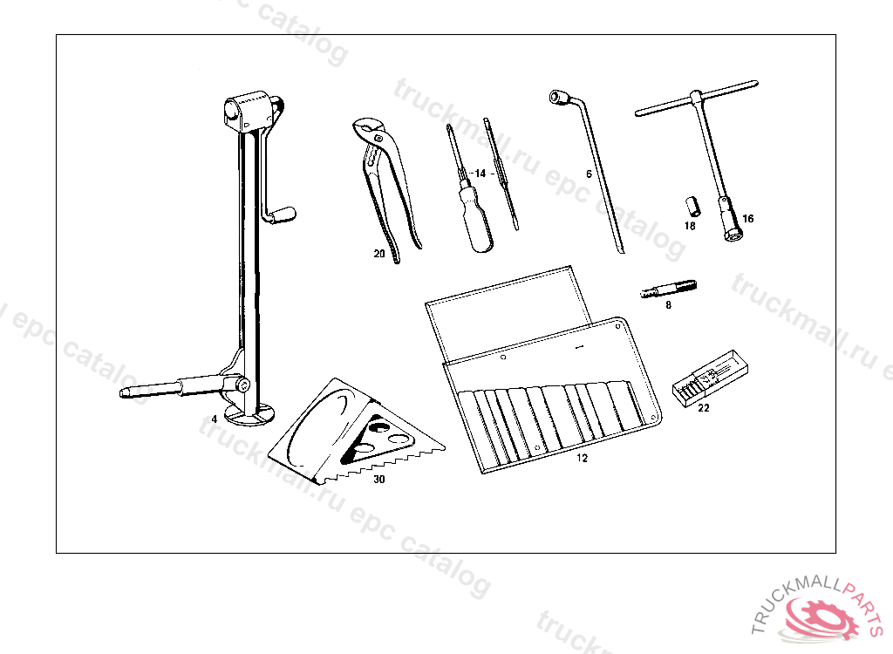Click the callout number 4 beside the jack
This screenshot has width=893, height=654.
click(214, 419)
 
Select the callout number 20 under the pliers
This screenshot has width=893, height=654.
click(378, 254)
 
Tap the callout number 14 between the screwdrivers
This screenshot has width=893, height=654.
click(479, 174)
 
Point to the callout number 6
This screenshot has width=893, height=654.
click(589, 174)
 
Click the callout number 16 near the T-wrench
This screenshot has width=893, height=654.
click(747, 218)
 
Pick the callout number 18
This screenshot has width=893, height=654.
click(690, 226)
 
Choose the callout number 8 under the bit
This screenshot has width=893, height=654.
click(668, 305)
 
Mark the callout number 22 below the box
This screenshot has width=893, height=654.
click(704, 406)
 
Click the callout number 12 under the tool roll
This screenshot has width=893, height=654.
click(582, 457)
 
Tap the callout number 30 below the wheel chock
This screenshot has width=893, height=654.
click(378, 479)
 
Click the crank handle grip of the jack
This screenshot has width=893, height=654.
click(283, 213)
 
